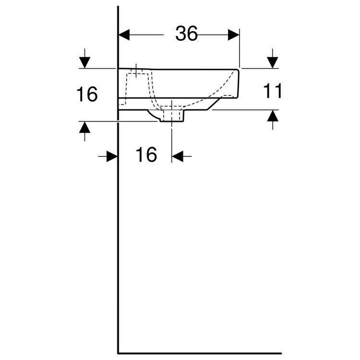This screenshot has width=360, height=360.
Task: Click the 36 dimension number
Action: tap(186, 34)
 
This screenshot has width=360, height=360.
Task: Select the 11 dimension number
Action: tap(272, 91)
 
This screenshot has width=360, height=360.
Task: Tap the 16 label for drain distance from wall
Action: tap(146, 155)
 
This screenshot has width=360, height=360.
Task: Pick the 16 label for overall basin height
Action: tap(87, 95)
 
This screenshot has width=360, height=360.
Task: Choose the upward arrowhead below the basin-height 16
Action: tap(84, 127)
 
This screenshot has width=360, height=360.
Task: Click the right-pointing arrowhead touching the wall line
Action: tap(112, 156)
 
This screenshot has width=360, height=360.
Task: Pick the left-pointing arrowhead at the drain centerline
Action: tap(178, 156)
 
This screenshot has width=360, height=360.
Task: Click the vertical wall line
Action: tap(118, 216)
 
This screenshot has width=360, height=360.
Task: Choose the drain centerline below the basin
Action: tap(172, 139)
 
